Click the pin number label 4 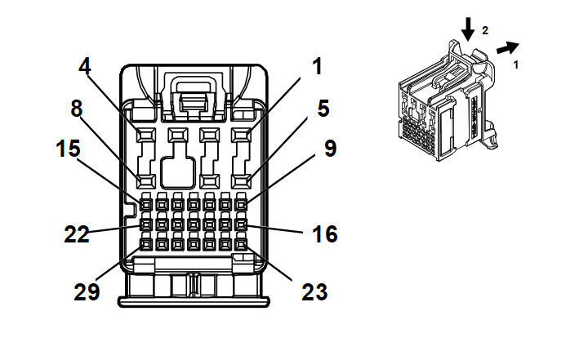(x=85, y=66)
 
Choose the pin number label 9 (x=330, y=150)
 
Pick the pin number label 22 (x=78, y=235)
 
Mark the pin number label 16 (x=324, y=235)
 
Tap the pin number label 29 (x=87, y=291)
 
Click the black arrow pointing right (x=506, y=49)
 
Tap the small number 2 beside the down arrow (x=485, y=30)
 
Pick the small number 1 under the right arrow (x=515, y=63)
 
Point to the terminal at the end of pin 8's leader (x=146, y=180)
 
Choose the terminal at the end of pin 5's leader (x=242, y=180)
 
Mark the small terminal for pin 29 (x=146, y=242)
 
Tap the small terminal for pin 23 (x=241, y=242)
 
